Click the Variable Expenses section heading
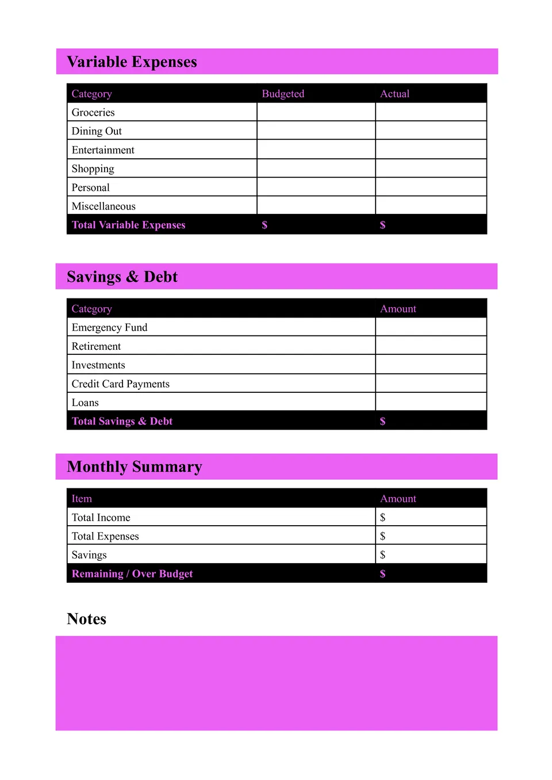click(x=132, y=62)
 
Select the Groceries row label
click(x=93, y=112)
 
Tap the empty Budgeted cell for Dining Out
click(x=316, y=131)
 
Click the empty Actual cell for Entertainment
click(x=431, y=150)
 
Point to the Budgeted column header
click(x=283, y=94)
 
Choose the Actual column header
click(x=394, y=94)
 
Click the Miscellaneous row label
click(x=103, y=206)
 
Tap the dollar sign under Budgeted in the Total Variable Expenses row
click(x=264, y=225)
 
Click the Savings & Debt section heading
click(x=122, y=277)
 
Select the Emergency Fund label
click(x=109, y=327)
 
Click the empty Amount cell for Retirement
click(x=431, y=346)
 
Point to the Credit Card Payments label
click(x=120, y=384)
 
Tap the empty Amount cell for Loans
click(x=431, y=402)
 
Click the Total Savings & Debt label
click(x=122, y=421)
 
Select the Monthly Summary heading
click(x=135, y=467)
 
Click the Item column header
click(x=82, y=499)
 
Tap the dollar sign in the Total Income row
click(x=382, y=517)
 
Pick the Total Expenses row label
click(x=105, y=536)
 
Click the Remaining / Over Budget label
click(x=132, y=573)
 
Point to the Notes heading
click(x=86, y=619)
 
